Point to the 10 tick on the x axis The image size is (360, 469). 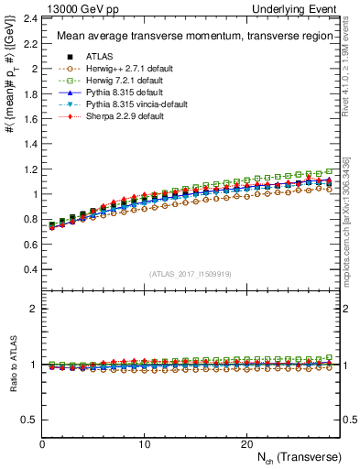(144, 443)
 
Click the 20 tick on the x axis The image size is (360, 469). (246, 443)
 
